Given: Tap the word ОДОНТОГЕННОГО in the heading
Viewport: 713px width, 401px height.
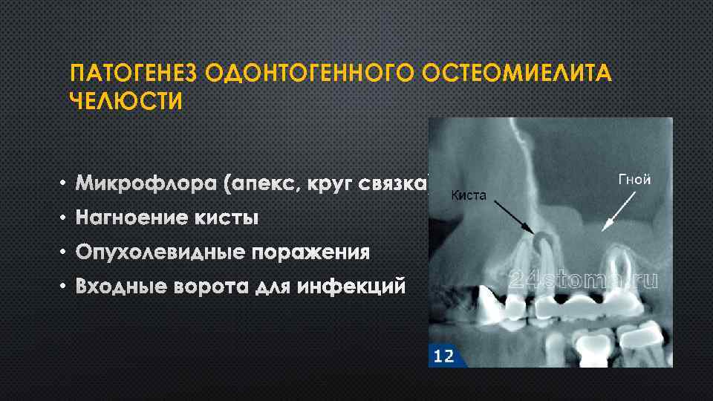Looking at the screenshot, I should pos(308,75).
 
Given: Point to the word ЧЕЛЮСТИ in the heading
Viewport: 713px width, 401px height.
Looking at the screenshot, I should pos(126,101).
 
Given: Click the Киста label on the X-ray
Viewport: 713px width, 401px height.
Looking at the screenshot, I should pos(469,195).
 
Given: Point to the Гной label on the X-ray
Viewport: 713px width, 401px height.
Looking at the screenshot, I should pos(634,179).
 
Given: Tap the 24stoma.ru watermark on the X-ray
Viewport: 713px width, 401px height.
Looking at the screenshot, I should pos(584,279).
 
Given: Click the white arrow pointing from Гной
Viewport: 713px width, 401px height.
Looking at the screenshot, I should pos(619,209).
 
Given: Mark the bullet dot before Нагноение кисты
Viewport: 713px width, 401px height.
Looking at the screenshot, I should pos(64,218).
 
